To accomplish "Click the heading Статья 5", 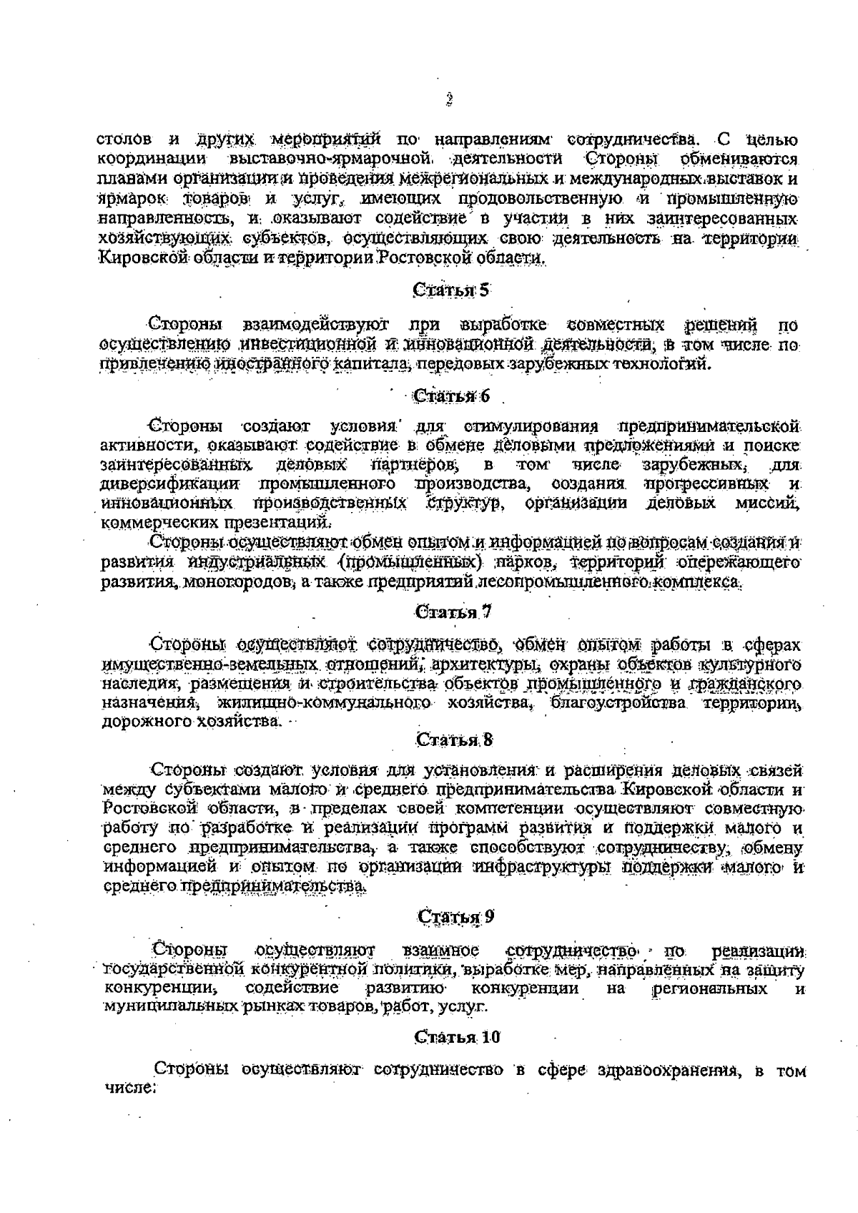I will [452, 290].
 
